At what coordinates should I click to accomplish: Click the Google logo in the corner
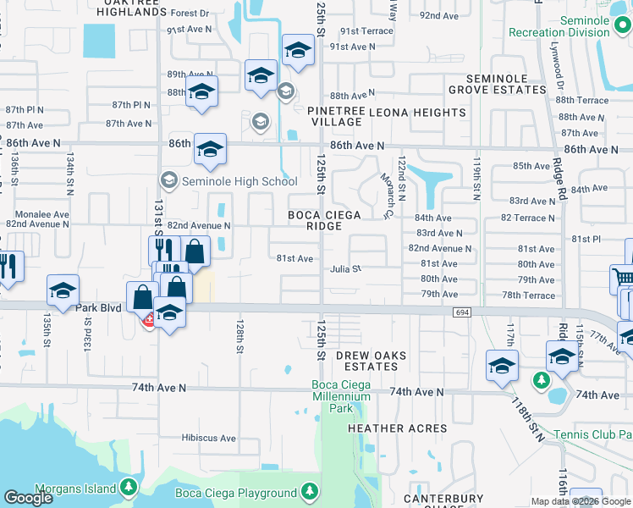[x=28, y=498]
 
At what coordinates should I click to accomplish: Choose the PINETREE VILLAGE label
[x=337, y=116]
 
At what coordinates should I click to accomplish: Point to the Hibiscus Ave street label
[x=209, y=438]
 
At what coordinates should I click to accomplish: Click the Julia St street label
[x=346, y=269]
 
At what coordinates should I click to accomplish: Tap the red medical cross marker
[x=149, y=320]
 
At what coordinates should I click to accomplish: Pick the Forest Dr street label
[x=190, y=14]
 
